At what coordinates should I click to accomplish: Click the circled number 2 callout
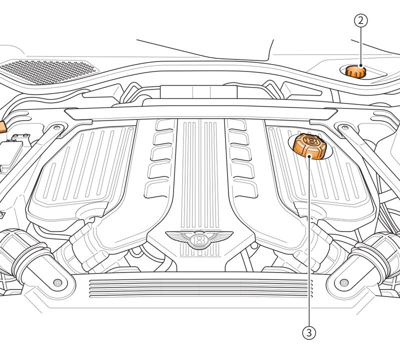[360, 20]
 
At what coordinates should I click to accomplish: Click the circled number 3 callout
[309, 332]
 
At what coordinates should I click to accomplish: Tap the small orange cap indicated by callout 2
[355, 71]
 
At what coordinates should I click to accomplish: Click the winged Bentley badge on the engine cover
[199, 239]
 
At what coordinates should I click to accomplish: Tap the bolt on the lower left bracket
[57, 282]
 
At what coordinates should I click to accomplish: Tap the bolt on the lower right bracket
[344, 282]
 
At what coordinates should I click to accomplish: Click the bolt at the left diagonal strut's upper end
[57, 127]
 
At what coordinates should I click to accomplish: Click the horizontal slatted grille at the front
[201, 288]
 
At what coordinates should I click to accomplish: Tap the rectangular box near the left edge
[11, 156]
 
